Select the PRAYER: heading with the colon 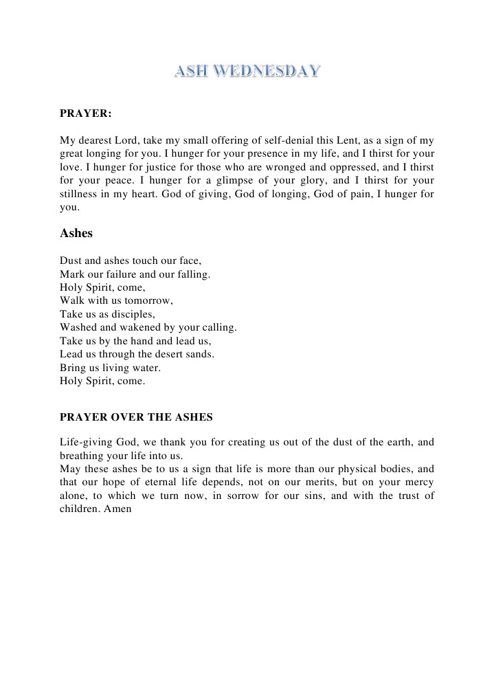[86, 113]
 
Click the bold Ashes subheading [76, 233]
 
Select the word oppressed [368, 167]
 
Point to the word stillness [81, 194]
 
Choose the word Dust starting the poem [71, 261]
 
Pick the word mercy [419, 482]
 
